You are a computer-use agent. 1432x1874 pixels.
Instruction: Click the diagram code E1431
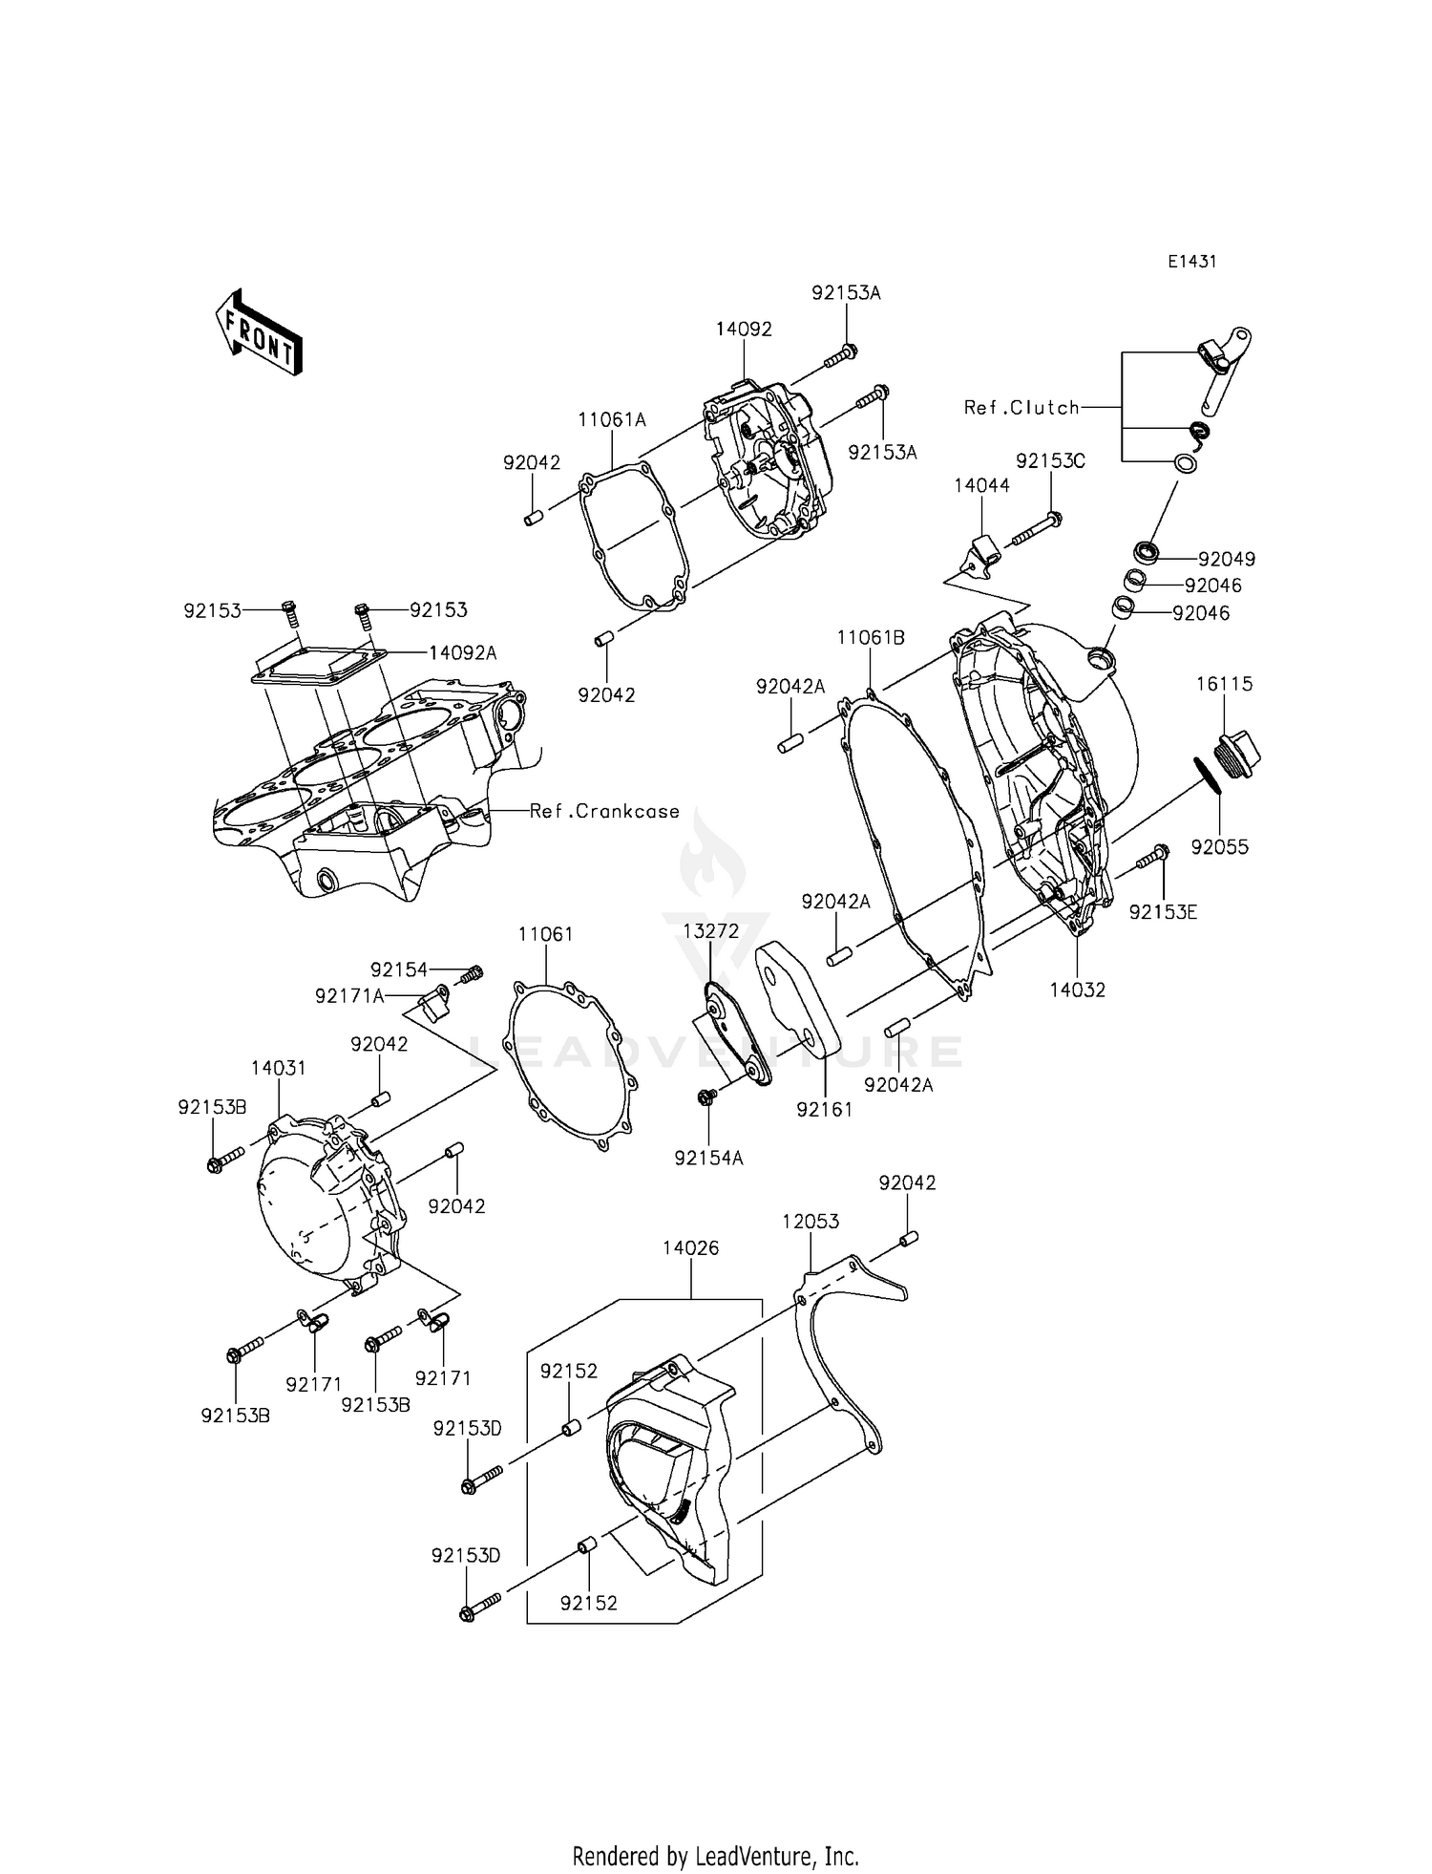[1191, 262]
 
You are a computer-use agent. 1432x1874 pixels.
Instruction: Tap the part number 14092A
[462, 653]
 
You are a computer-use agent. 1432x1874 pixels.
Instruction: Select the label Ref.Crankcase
[604, 812]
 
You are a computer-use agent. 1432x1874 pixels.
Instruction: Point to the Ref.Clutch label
[1021, 408]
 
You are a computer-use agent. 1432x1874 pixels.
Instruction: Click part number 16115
[1225, 684]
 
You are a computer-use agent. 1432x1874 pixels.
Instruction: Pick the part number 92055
[1219, 847]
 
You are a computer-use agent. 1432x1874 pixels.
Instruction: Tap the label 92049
[1227, 559]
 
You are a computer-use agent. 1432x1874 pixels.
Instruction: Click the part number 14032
[1077, 990]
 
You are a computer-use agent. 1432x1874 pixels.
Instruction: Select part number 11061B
[871, 637]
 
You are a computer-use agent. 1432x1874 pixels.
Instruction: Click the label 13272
[710, 930]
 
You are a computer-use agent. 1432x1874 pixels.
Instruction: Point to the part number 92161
[825, 1110]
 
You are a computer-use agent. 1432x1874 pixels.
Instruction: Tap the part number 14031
[279, 1068]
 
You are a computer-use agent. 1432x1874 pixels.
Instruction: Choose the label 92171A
[349, 996]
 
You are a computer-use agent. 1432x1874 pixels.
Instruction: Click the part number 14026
[691, 1248]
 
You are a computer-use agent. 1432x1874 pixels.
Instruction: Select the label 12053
[811, 1222]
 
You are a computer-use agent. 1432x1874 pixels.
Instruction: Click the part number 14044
[981, 485]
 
